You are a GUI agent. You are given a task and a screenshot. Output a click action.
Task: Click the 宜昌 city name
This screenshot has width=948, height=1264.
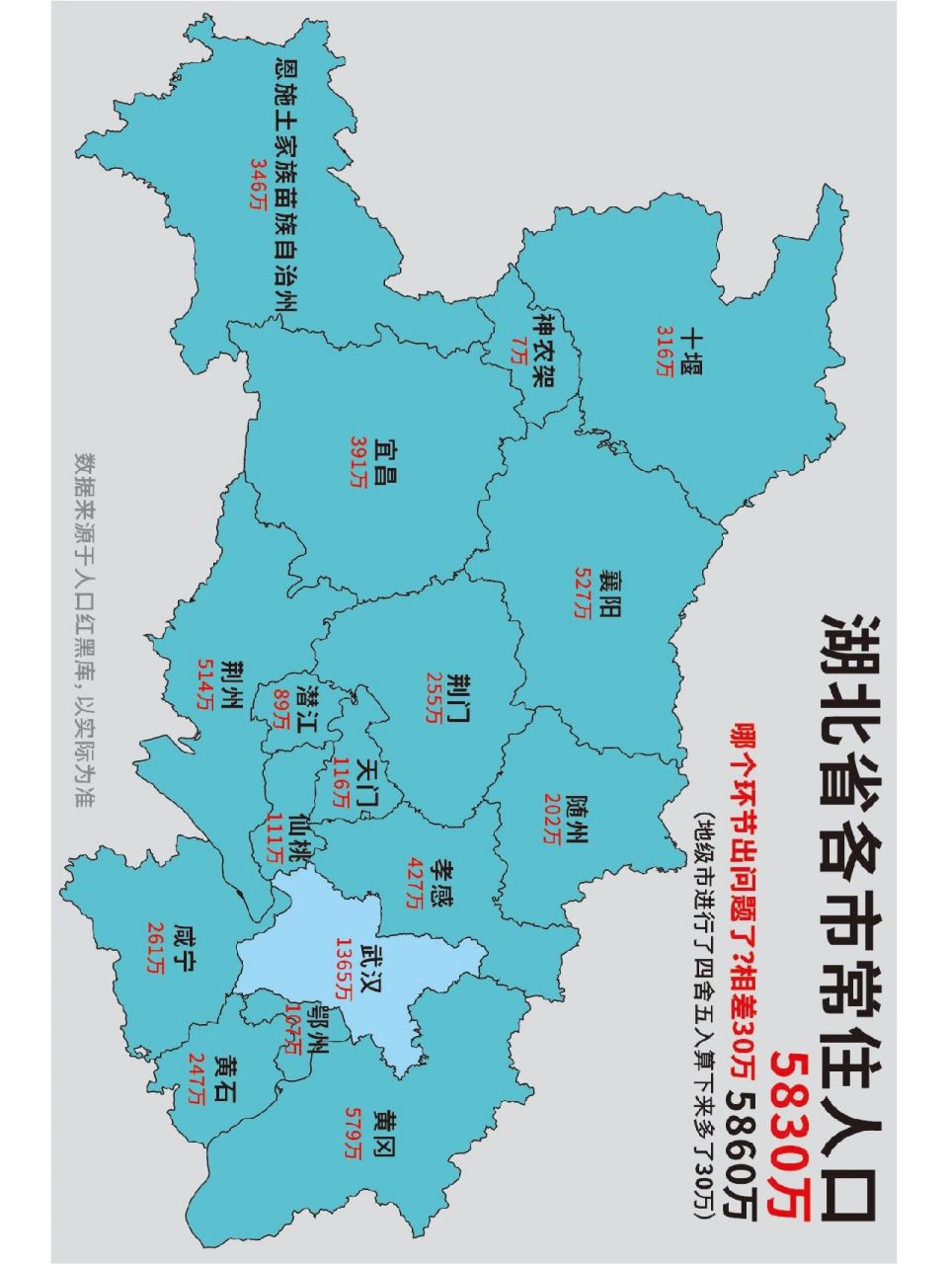coord(381,461)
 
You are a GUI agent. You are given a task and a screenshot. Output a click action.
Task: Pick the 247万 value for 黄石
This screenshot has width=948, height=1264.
coord(198,1079)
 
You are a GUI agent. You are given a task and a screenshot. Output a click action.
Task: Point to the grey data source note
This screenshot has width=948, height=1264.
coord(86,631)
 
